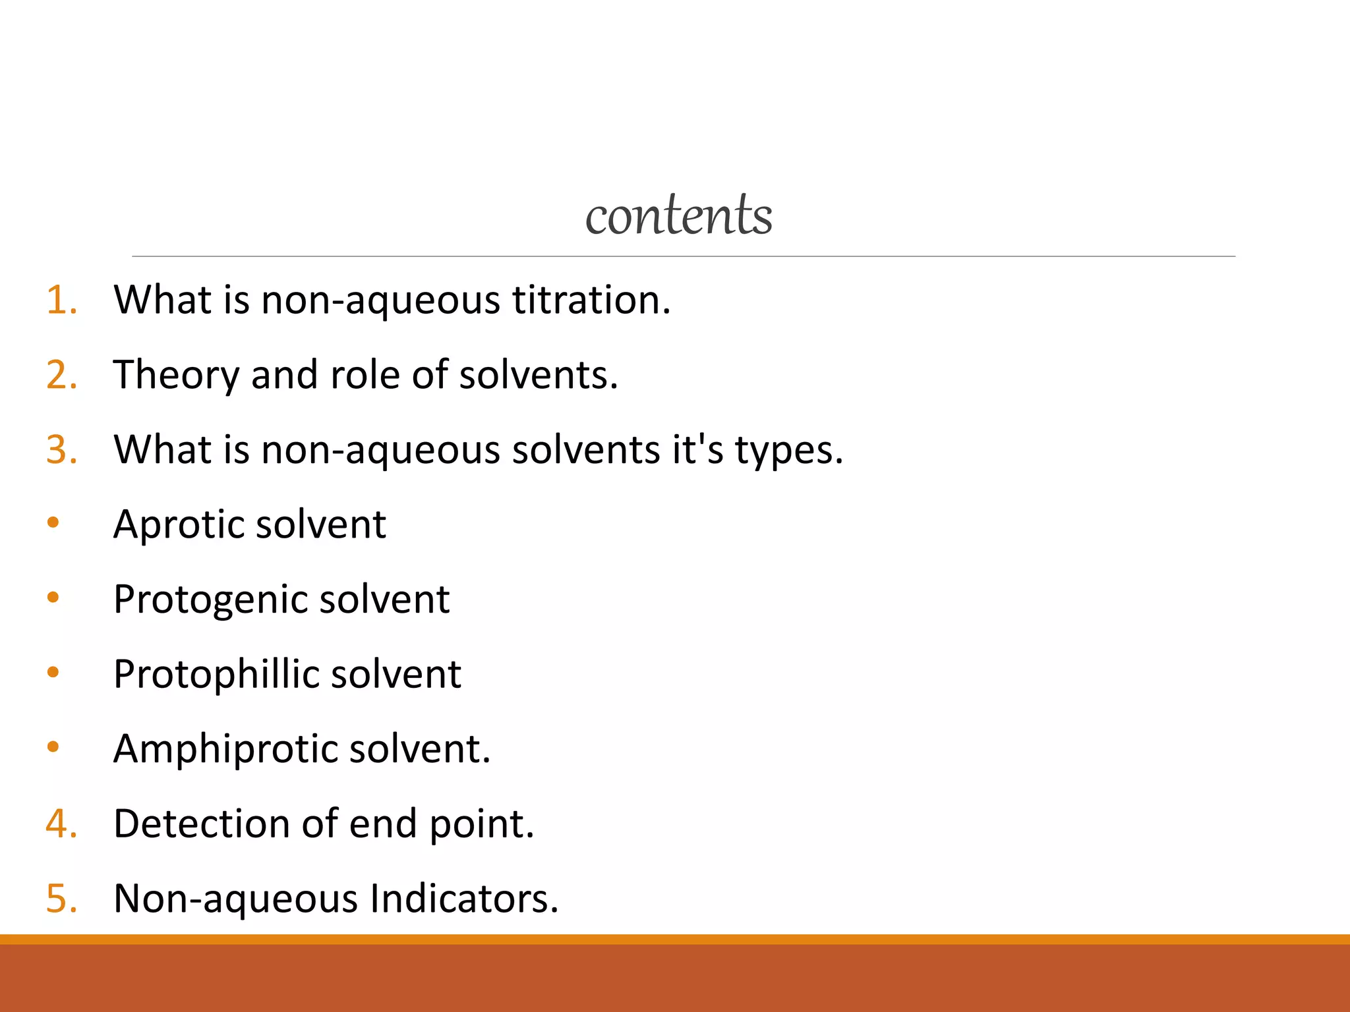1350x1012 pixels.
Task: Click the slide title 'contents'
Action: click(x=678, y=215)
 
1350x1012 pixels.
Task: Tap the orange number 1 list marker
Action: click(x=61, y=300)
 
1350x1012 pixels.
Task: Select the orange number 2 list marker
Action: click(x=61, y=375)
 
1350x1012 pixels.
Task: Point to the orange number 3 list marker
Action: click(x=61, y=450)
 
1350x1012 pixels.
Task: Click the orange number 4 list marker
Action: click(x=61, y=824)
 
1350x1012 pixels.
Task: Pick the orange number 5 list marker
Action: click(x=61, y=898)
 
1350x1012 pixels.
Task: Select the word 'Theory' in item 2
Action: click(x=176, y=376)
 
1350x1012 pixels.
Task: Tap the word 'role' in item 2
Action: click(x=365, y=375)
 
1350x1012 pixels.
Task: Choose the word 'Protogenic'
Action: click(x=210, y=600)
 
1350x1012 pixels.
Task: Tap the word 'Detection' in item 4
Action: click(x=201, y=824)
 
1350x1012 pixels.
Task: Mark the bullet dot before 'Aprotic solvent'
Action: click(x=53, y=523)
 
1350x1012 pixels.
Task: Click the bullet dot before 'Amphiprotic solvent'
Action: click(x=53, y=747)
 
